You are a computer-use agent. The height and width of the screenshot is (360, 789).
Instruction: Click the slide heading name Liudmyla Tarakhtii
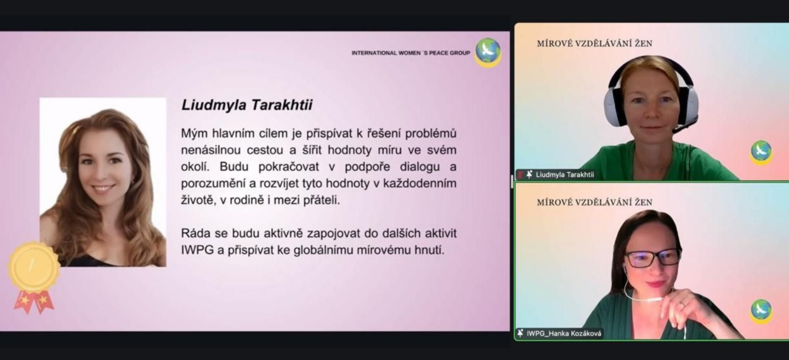[247, 105]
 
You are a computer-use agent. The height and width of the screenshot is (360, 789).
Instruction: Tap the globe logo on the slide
[488, 53]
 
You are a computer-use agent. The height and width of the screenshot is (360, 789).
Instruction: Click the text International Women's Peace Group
[411, 53]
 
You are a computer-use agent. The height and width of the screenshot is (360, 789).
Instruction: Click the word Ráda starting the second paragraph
[194, 233]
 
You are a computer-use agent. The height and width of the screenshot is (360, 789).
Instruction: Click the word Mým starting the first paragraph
[193, 134]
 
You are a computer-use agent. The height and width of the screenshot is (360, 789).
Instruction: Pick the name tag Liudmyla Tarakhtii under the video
[565, 174]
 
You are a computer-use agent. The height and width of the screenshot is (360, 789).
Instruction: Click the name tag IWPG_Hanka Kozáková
[563, 333]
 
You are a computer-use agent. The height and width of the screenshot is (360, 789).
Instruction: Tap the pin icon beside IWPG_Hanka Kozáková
[520, 333]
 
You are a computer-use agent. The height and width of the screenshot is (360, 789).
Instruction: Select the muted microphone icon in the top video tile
[520, 174]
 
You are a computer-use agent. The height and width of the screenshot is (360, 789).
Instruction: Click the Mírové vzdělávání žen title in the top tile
[595, 44]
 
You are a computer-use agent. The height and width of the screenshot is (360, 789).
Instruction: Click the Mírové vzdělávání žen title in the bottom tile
[595, 202]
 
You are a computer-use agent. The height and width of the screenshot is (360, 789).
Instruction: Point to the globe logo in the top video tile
[761, 152]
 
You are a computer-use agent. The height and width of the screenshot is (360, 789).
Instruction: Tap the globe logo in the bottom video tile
[761, 311]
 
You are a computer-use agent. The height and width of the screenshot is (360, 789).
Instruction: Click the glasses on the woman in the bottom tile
[652, 258]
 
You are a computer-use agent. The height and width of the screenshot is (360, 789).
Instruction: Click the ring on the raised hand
[682, 305]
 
